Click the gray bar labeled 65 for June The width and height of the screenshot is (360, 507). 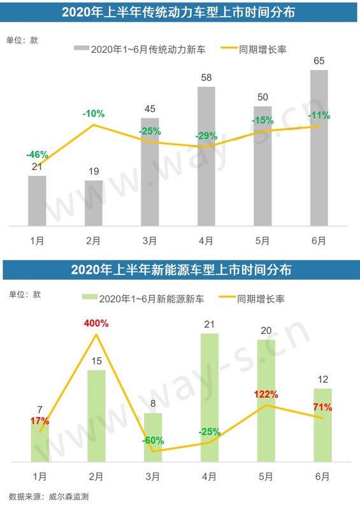(x=319, y=148)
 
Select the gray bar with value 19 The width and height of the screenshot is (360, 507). (x=94, y=203)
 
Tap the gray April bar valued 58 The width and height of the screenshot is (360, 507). (x=206, y=156)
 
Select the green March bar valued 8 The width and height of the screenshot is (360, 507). (x=153, y=437)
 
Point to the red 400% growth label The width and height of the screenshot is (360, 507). (x=96, y=323)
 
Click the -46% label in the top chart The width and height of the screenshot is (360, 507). (x=37, y=154)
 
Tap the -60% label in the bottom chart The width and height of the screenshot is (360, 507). (x=152, y=440)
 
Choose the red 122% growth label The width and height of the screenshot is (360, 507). (x=267, y=393)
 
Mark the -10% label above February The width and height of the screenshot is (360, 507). (x=93, y=113)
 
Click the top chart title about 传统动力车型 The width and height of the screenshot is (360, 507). (x=180, y=13)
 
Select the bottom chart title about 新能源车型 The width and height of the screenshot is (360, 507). (x=180, y=269)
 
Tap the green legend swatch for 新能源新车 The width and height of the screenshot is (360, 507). (x=90, y=297)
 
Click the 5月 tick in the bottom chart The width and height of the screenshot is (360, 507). (x=266, y=476)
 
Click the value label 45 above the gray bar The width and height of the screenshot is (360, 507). (x=150, y=109)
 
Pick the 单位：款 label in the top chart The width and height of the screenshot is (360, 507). (x=22, y=40)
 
